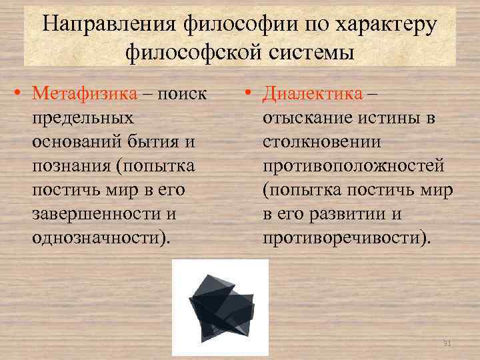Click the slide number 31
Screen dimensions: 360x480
(447, 343)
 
